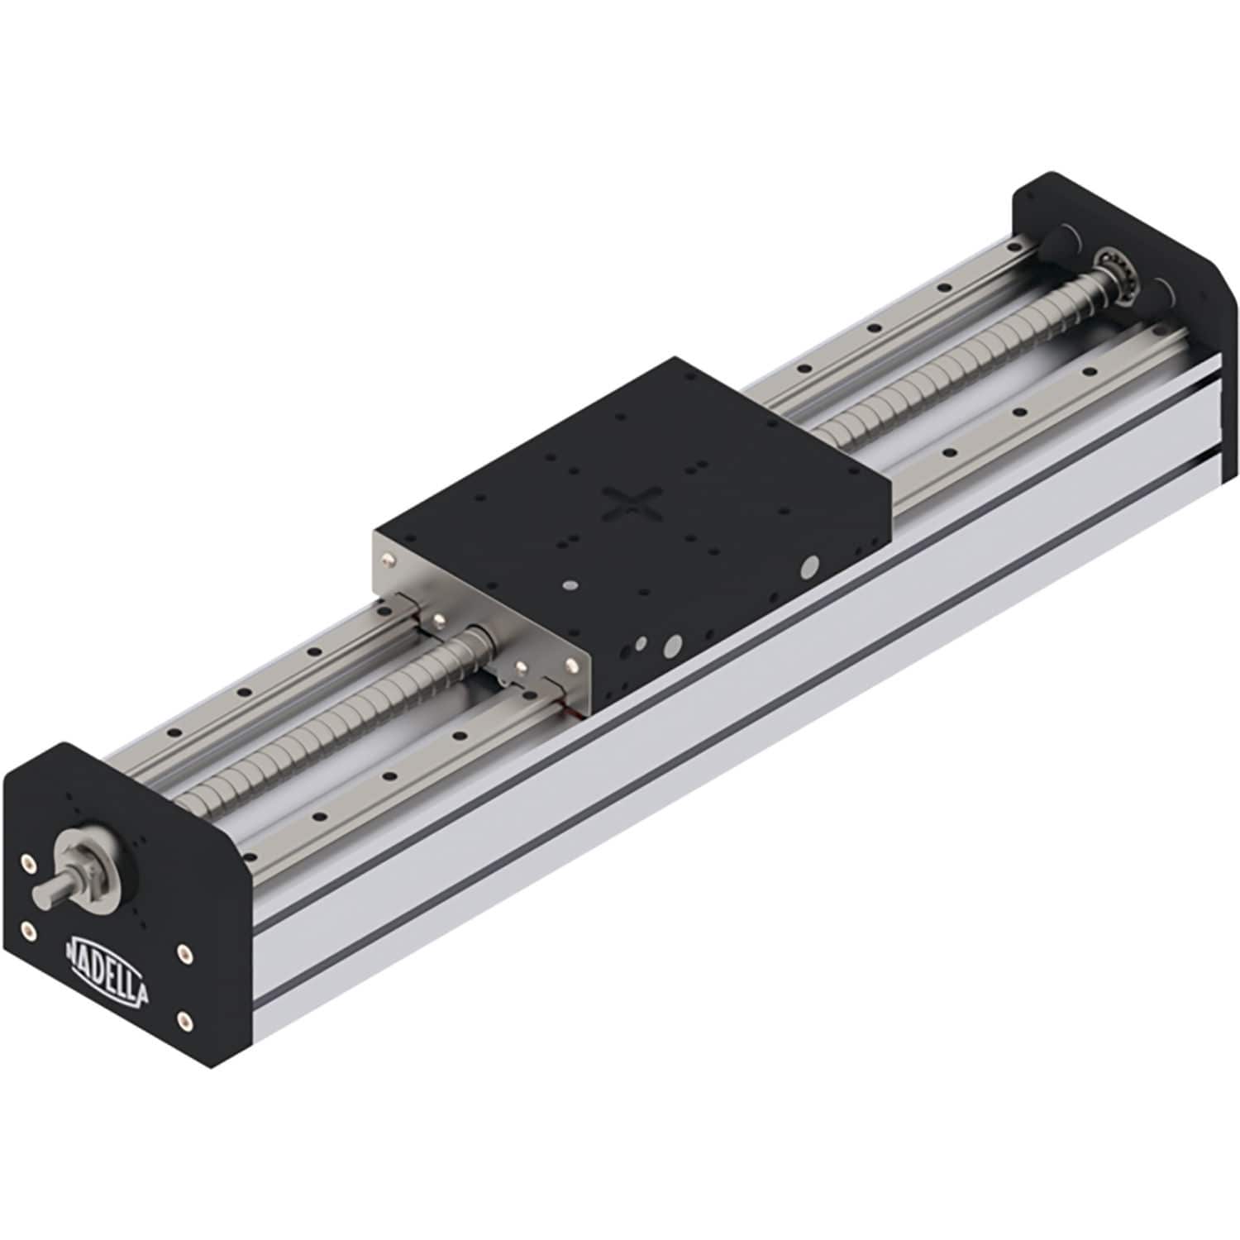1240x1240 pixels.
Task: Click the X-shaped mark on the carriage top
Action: pyautogui.click(x=632, y=505)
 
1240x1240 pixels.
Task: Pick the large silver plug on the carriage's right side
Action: pyautogui.click(x=811, y=565)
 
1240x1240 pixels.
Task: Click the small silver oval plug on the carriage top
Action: pyautogui.click(x=570, y=584)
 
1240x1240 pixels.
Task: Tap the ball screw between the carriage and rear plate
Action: pyautogui.click(x=951, y=372)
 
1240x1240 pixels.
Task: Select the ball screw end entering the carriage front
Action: pyautogui.click(x=475, y=641)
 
